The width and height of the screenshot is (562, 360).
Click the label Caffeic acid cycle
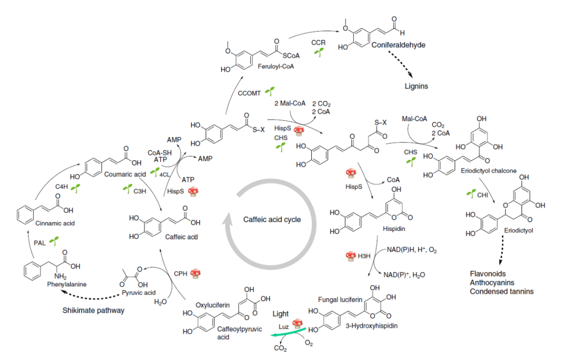pos(272,220)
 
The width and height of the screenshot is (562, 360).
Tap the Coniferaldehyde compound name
pos(398,45)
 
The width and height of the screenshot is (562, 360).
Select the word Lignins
pos(416,86)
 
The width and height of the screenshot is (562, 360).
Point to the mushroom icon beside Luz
pos(298,323)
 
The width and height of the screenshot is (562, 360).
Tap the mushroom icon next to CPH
pos(196,273)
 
